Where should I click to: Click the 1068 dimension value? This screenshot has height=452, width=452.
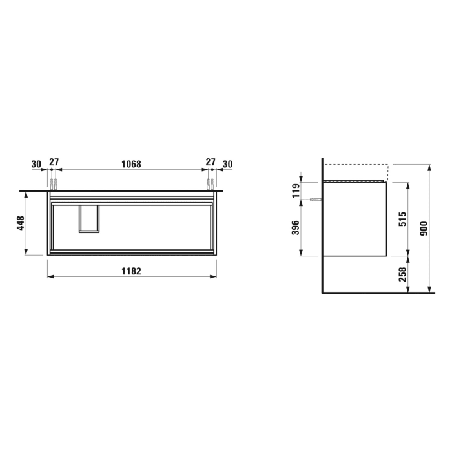click(x=132, y=164)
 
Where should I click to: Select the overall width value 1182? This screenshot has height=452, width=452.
click(x=132, y=272)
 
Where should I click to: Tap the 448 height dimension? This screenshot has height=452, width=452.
click(x=21, y=223)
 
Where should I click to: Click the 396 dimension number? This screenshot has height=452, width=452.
click(x=296, y=229)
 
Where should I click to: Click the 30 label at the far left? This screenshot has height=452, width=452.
click(x=36, y=164)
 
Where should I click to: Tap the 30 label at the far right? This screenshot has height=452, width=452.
click(x=227, y=164)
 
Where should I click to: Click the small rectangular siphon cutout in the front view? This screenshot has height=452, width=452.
click(x=89, y=218)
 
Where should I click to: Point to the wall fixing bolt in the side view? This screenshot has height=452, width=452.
click(x=314, y=200)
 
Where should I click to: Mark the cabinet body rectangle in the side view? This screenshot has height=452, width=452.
click(x=354, y=220)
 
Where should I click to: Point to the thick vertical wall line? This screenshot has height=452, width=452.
click(x=322, y=226)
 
